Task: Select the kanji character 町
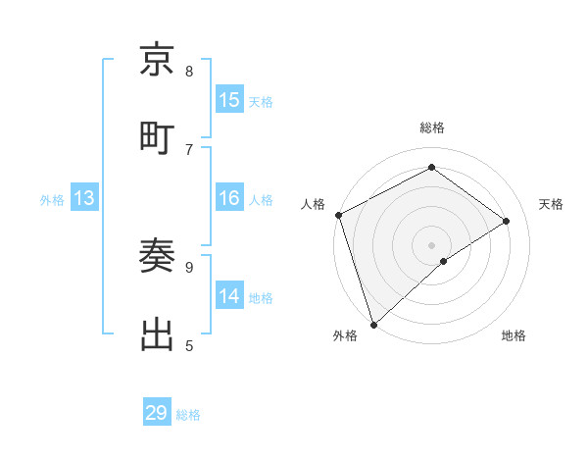(x=158, y=135)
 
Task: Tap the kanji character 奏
(x=158, y=257)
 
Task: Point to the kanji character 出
(x=158, y=334)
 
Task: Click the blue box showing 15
(x=229, y=99)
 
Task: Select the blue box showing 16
(x=229, y=198)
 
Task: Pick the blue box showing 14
(x=229, y=295)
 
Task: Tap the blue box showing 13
(x=84, y=198)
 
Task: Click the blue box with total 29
(x=157, y=413)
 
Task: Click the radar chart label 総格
(x=432, y=128)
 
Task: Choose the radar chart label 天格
(x=551, y=204)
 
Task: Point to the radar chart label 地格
(x=514, y=335)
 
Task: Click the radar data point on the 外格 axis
(x=372, y=324)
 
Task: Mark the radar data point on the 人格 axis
(x=338, y=215)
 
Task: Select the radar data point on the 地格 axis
(x=444, y=261)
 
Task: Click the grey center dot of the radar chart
(x=432, y=244)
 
